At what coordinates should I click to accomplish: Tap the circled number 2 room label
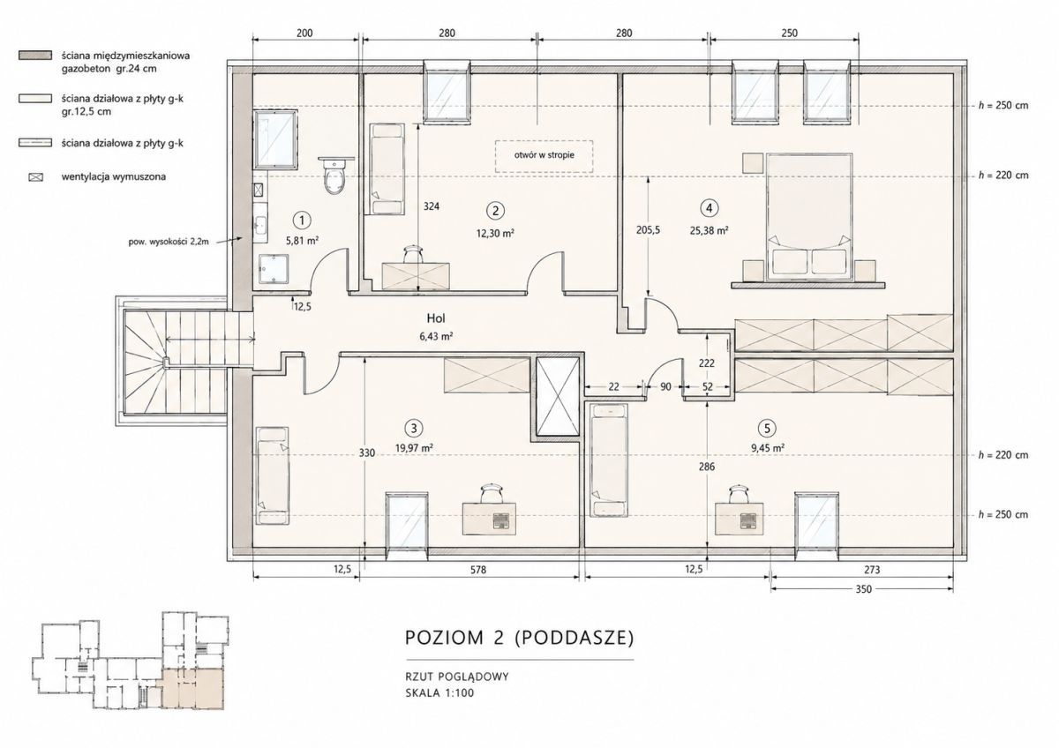tap(495, 210)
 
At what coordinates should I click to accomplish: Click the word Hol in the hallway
tap(436, 318)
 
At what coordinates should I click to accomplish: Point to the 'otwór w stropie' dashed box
tap(545, 156)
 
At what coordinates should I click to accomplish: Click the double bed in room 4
tap(809, 216)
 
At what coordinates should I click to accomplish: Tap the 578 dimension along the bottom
tap(478, 570)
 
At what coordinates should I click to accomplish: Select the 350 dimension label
tap(863, 589)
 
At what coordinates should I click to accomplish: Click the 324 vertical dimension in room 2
tap(432, 206)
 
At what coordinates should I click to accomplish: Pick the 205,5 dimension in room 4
tap(647, 230)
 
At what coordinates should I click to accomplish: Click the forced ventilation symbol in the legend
tap(36, 177)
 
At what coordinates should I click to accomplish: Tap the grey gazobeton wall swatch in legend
tap(35, 56)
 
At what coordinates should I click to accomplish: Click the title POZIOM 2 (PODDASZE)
tap(519, 638)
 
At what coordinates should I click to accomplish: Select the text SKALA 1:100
tap(439, 693)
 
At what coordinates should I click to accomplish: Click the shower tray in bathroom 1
tap(274, 269)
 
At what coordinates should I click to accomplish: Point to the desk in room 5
tap(739, 519)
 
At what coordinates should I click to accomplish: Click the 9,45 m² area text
tap(768, 448)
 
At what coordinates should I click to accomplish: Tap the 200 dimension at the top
tap(304, 33)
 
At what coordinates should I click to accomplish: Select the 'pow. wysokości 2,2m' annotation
tap(169, 242)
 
